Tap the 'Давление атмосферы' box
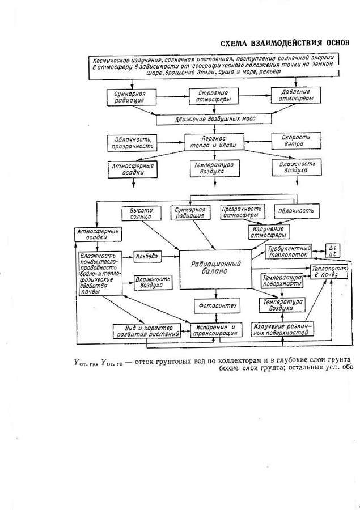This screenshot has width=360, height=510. [295, 95]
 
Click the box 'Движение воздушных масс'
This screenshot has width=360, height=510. [214, 120]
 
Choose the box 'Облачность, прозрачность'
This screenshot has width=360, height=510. [132, 142]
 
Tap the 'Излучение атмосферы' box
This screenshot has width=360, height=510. [269, 231]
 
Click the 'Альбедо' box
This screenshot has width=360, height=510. [147, 257]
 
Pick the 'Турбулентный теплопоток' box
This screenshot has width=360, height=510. [289, 251]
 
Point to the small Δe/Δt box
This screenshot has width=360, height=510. [332, 250]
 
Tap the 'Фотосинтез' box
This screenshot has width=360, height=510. [214, 306]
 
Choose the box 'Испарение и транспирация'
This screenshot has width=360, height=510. [213, 330]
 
